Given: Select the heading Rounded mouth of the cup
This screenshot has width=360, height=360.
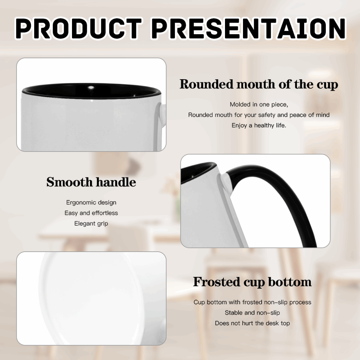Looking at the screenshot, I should (259, 85).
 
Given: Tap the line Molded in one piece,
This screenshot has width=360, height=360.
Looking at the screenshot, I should (259, 104).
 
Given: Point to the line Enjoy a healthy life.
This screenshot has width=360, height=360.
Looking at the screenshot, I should (259, 125).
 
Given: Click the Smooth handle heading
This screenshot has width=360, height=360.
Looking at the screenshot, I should (91, 182).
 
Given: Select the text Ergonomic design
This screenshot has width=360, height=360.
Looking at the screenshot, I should (91, 203).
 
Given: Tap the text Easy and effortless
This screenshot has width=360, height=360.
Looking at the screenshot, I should (91, 213).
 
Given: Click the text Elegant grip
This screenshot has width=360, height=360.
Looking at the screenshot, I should (91, 224).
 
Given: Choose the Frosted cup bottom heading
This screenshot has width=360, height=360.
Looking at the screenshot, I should (252, 282).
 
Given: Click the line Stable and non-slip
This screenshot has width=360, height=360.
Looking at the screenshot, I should (252, 313).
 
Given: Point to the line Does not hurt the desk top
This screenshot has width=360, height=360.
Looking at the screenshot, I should (252, 323).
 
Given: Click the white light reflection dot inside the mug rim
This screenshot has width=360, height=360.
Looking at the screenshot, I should (91, 87).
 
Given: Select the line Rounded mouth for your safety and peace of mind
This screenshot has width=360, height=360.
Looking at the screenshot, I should (259, 115).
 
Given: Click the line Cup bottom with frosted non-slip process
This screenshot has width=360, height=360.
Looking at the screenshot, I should (252, 302).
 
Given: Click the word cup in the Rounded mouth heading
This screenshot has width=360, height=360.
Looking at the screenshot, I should (327, 85).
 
